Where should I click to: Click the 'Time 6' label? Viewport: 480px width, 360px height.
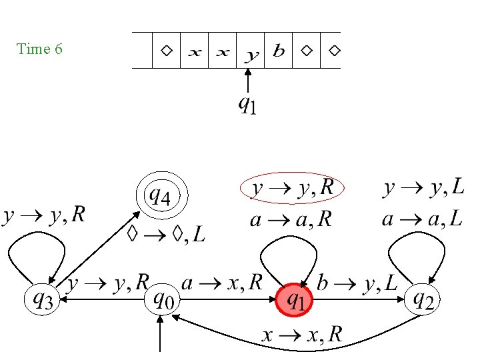click(40, 49)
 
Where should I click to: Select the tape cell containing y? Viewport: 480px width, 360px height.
click(251, 51)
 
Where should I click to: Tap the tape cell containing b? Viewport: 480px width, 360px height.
click(279, 51)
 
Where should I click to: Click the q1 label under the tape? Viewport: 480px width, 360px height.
click(247, 106)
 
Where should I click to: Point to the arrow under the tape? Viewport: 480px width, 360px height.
click(247, 83)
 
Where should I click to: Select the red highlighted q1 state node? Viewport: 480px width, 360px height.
click(294, 301)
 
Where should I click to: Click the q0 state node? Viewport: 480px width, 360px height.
click(162, 301)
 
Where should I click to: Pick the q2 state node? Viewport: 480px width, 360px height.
click(424, 301)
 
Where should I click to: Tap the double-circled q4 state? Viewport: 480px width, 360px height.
click(162, 197)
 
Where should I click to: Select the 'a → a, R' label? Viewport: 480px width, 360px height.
click(290, 220)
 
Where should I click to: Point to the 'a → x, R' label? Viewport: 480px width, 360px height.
click(223, 283)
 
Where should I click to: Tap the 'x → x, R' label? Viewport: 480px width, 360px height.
click(301, 334)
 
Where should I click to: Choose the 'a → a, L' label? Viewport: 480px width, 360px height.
click(423, 219)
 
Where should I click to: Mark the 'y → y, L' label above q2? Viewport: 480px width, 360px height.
click(423, 189)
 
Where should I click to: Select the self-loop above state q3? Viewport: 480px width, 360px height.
click(37, 256)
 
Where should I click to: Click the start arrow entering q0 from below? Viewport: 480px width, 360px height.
click(161, 333)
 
